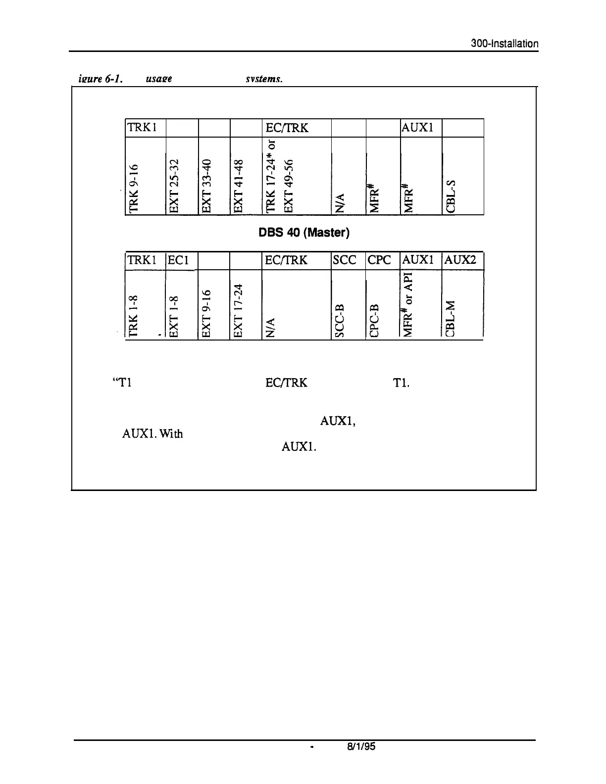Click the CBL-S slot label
[x=451, y=196]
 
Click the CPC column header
[x=380, y=260]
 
